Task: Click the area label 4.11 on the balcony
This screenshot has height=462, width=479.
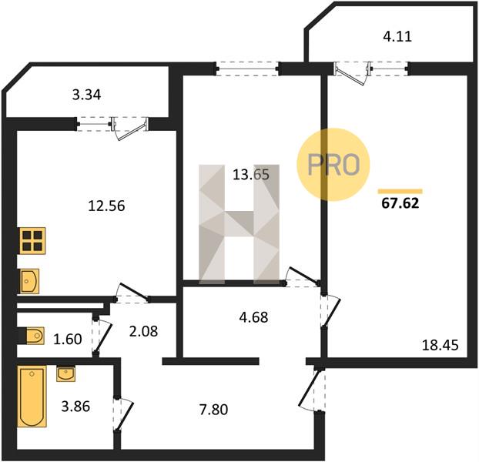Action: click(x=397, y=37)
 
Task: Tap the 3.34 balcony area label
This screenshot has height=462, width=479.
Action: click(x=86, y=95)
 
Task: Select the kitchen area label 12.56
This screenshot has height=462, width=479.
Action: click(x=106, y=206)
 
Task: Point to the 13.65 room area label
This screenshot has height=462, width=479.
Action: click(x=251, y=175)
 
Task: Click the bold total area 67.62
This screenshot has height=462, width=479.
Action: click(x=400, y=203)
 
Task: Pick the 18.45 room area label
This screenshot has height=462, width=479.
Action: click(x=440, y=346)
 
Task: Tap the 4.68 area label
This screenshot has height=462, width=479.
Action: click(x=254, y=317)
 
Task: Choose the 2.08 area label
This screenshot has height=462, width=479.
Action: click(x=143, y=331)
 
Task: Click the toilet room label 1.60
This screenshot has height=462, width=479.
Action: click(x=68, y=340)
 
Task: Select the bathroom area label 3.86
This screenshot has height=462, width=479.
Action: click(x=75, y=407)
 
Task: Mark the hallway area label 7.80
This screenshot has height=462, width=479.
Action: click(x=213, y=410)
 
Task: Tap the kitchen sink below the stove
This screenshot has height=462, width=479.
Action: click(x=29, y=281)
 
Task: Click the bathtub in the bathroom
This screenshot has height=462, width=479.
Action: click(x=32, y=396)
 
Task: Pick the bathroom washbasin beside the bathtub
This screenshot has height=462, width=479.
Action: click(x=65, y=374)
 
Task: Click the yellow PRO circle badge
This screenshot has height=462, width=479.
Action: click(x=333, y=165)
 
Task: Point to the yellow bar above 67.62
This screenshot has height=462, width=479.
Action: click(x=400, y=192)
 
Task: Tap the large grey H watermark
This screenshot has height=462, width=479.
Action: click(x=239, y=224)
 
